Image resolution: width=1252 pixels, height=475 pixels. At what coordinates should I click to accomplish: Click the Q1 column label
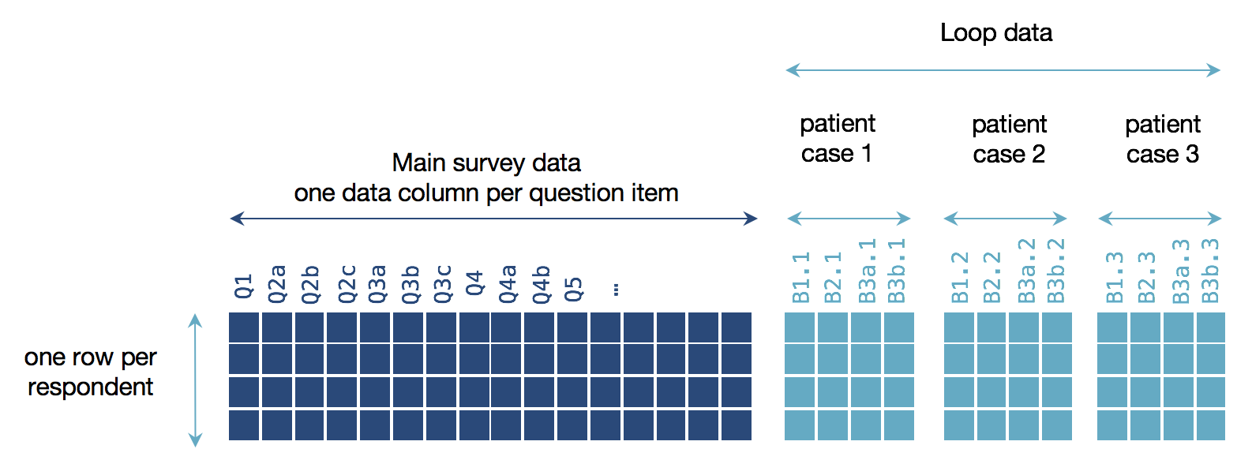(x=244, y=286)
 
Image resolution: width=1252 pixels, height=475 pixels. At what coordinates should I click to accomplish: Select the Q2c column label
(x=347, y=284)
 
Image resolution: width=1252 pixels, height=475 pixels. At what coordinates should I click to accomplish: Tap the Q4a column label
(x=508, y=284)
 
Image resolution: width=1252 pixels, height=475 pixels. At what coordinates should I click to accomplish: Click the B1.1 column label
(x=801, y=277)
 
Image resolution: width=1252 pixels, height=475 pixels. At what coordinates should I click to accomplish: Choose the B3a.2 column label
(x=1027, y=271)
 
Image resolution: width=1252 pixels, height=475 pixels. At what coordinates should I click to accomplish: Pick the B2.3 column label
(x=1146, y=277)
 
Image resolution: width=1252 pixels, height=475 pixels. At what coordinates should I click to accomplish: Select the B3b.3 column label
(x=1210, y=271)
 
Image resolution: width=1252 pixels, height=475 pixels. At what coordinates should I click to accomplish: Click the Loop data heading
(x=996, y=32)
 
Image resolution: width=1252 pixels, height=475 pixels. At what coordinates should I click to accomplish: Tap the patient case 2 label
(x=1009, y=139)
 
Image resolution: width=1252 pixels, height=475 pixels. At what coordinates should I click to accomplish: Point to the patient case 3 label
(x=1163, y=139)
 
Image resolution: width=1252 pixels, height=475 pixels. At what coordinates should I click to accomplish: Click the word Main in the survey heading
(x=418, y=163)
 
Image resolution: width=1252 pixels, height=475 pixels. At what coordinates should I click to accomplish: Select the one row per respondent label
(x=91, y=372)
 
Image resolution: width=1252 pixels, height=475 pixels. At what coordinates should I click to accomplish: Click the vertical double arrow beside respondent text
(x=195, y=380)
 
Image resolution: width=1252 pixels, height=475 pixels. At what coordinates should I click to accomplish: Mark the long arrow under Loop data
(x=1003, y=70)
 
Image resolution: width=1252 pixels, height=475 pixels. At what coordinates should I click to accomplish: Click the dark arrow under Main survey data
(x=493, y=219)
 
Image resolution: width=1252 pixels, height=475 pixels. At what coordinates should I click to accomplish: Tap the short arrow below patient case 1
(x=849, y=219)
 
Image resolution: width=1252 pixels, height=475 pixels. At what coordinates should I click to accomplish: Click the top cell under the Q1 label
(x=244, y=327)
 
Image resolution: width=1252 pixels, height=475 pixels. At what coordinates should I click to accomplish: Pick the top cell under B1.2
(x=959, y=327)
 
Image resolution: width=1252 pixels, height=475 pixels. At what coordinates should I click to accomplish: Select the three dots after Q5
(x=616, y=290)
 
